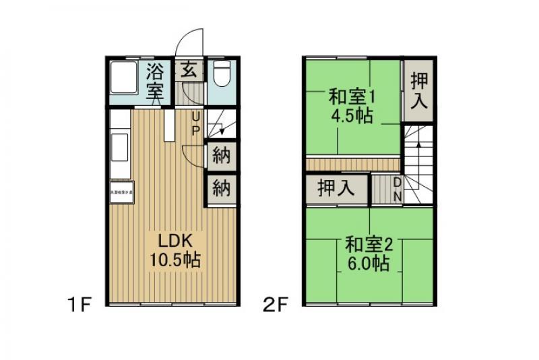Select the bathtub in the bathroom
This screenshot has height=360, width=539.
click(x=122, y=82)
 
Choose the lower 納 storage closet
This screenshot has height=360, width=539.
click(x=221, y=188)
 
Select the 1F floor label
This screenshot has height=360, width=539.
click(x=79, y=305)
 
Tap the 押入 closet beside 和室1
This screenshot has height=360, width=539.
click(x=418, y=89)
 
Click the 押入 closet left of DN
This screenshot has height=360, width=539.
click(x=336, y=188)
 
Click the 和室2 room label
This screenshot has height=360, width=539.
click(x=370, y=243)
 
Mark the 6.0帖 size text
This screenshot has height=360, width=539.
click(x=369, y=262)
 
